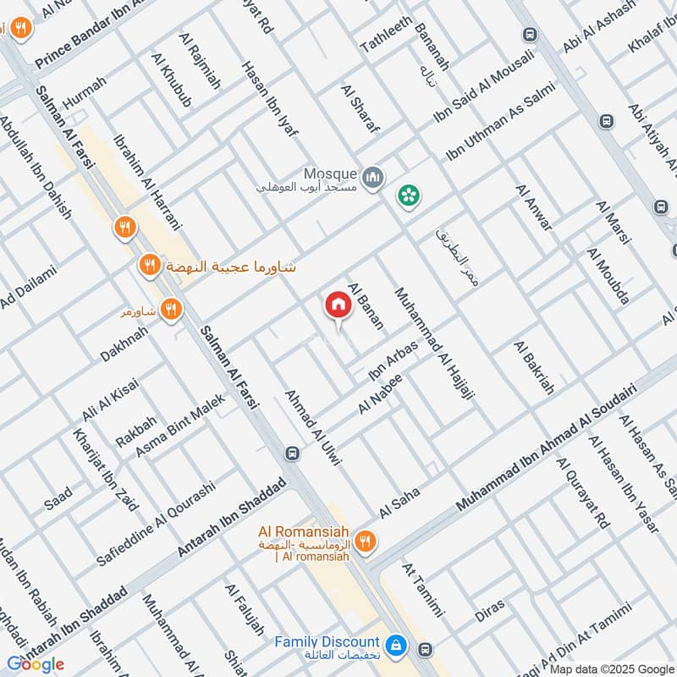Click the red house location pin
(337, 305)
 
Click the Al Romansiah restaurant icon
(366, 542)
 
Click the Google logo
(35, 664)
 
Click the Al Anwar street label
(533, 208)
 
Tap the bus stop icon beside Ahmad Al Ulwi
(292, 453)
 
